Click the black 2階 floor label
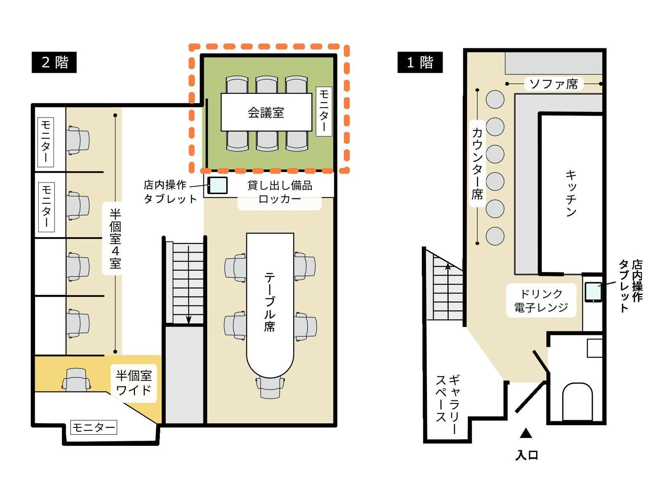(54, 62)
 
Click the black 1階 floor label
(420, 62)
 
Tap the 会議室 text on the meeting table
(266, 113)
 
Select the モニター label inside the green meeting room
(324, 111)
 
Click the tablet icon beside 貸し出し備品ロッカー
(217, 185)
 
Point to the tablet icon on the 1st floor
(593, 291)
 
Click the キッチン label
(571, 193)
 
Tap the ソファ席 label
(553, 84)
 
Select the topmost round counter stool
(495, 99)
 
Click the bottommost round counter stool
(495, 236)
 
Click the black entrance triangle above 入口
(526, 433)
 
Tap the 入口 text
(527, 455)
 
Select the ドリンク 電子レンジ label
(541, 300)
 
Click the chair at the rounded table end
(270, 388)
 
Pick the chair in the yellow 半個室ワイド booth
(76, 380)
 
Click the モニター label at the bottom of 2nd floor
(94, 427)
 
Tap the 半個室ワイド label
(133, 383)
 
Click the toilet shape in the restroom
(577, 401)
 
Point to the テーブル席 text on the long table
(269, 302)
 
